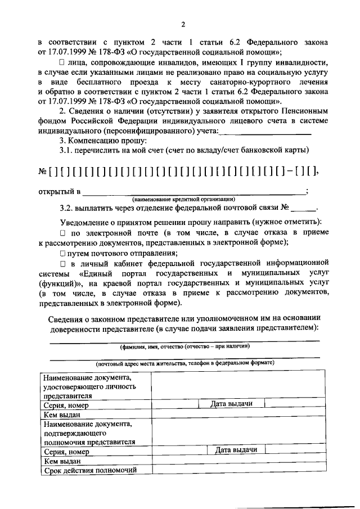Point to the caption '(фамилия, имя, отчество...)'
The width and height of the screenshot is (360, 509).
pyautogui.click(x=184, y=346)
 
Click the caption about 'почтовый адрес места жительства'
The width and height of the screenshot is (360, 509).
pyautogui.click(x=184, y=363)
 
